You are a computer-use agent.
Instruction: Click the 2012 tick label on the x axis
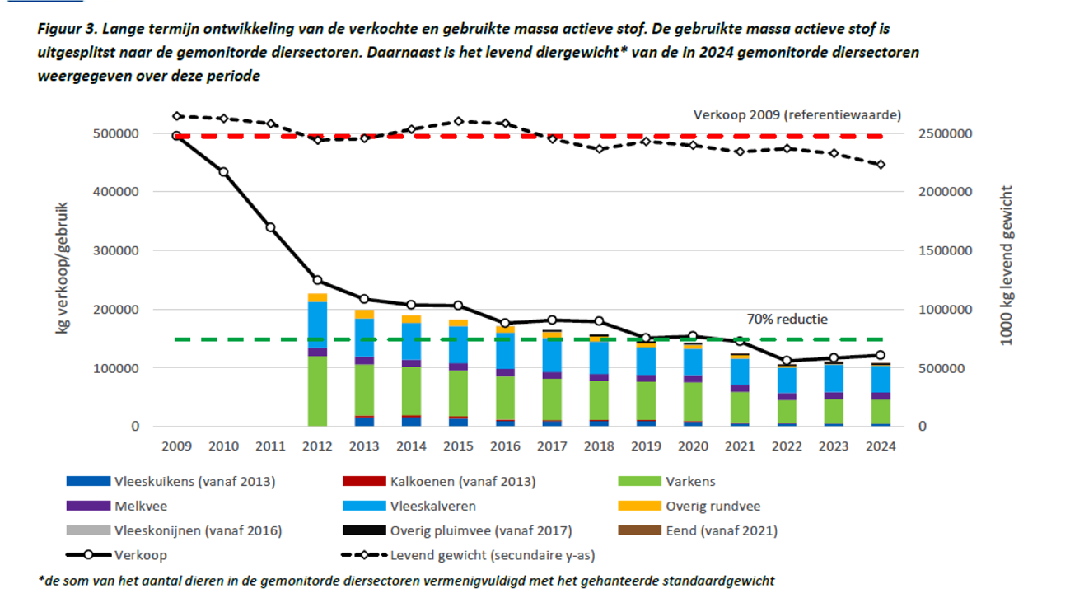[x=317, y=446]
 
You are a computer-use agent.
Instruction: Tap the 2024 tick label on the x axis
[x=881, y=446]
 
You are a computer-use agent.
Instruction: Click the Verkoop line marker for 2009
[x=176, y=135]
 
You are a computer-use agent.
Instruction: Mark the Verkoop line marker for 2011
[x=270, y=227]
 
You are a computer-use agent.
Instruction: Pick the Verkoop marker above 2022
[x=787, y=361]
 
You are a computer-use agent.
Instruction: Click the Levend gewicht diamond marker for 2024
[x=881, y=165]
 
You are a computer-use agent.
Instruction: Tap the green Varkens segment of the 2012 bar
[x=317, y=391]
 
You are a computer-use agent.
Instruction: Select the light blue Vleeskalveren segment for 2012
[x=317, y=325]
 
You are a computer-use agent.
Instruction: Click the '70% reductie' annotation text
[x=787, y=320]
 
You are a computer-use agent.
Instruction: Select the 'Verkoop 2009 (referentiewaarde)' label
[x=797, y=114]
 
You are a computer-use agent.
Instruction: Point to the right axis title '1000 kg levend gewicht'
[x=1006, y=265]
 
